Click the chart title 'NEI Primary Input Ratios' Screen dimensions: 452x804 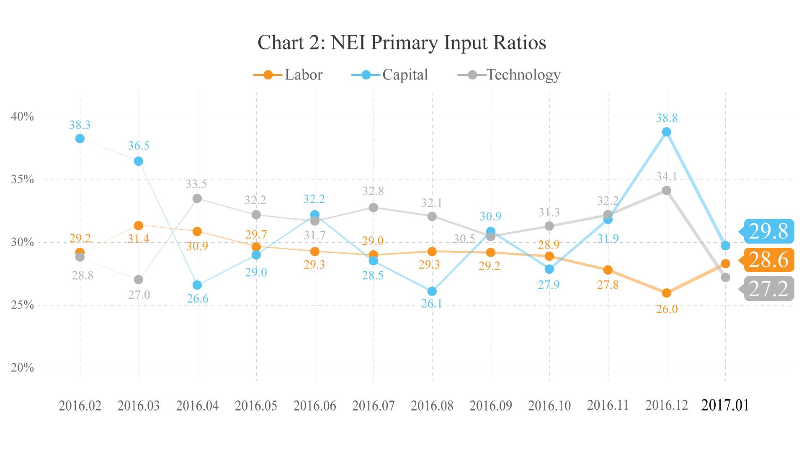[x=402, y=43]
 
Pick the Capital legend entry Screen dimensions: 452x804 [x=389, y=75]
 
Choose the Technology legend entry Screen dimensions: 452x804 [x=509, y=75]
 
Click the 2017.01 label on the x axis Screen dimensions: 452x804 [x=725, y=405]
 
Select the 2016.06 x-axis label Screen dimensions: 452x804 [x=314, y=406]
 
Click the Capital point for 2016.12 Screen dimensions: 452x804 [x=666, y=132]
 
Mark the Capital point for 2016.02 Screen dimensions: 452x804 [x=80, y=139]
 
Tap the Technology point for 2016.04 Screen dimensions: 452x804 [x=197, y=198]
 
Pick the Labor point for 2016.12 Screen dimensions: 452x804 [x=666, y=293]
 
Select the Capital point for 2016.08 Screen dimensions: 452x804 [x=432, y=291]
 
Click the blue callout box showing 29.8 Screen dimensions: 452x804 [x=768, y=231]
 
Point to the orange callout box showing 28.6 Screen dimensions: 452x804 [x=768, y=260]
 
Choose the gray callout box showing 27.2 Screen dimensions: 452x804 [x=768, y=289]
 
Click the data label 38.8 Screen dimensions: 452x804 [x=667, y=118]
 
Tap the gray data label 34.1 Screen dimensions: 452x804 [x=667, y=177]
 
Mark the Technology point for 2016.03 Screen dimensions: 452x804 [x=139, y=280]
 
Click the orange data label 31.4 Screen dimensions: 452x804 [x=138, y=239]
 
